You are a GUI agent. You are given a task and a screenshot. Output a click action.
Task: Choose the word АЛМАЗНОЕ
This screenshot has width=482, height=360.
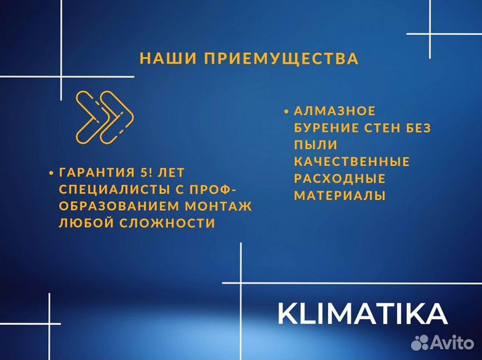tap(335, 110)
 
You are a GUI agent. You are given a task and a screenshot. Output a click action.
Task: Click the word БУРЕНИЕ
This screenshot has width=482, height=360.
tap(326, 127)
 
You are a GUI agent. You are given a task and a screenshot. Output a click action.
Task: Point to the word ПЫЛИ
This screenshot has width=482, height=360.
tap(315, 145)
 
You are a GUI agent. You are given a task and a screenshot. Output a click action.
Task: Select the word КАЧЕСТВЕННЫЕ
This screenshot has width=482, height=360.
tap(351, 161)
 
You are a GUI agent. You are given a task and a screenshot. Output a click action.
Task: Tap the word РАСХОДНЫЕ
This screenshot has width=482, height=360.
tap(339, 179)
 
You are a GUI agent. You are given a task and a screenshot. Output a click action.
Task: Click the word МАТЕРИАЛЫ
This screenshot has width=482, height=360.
tap(339, 195)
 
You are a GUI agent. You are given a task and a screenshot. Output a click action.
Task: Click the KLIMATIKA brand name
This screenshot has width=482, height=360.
tap(362, 314)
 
